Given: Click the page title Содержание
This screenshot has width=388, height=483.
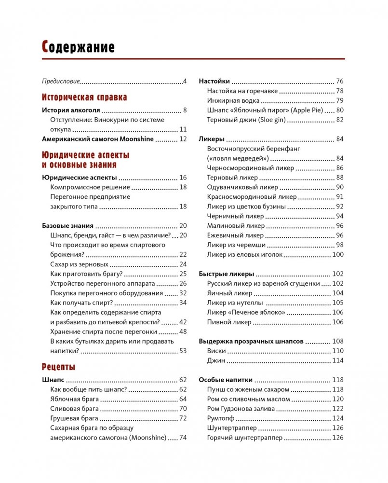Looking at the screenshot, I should point(78,47).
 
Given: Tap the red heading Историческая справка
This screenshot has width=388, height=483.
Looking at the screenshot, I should point(84,97).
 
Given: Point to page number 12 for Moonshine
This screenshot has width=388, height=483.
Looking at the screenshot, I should point(183,139).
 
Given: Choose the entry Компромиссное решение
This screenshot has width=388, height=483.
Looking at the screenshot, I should point(90,187).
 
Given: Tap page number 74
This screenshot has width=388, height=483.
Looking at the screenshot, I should point(183,438).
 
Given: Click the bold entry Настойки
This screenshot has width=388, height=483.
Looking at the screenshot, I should point(214,81).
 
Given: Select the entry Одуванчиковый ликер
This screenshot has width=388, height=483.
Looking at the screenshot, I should point(242,187).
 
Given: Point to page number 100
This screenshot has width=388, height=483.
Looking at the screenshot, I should point(338,254).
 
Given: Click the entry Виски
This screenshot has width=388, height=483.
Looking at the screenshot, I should point(216,351).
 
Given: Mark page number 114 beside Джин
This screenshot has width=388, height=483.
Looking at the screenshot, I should point(338,360).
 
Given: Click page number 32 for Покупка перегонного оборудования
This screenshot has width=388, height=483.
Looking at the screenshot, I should point(183,293).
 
